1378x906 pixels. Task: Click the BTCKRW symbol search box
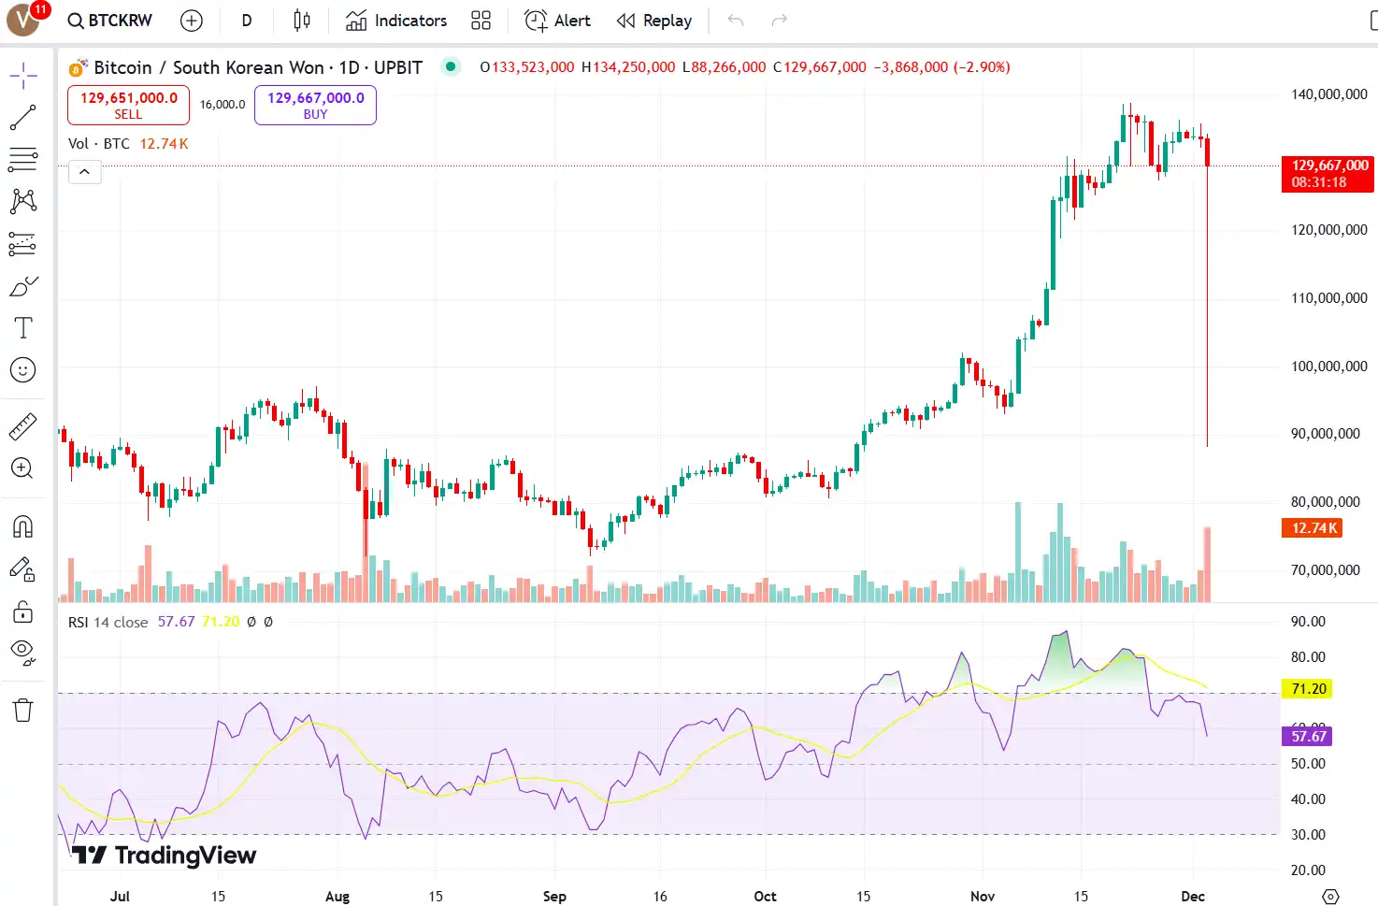[110, 21]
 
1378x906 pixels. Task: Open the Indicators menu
[396, 21]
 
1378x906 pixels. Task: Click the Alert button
[558, 21]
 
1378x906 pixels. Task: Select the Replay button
[654, 21]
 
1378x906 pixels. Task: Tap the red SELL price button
[128, 105]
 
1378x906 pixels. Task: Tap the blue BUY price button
[315, 105]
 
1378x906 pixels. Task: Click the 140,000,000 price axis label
[1328, 94]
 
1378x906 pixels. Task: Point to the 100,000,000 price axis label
[1328, 367]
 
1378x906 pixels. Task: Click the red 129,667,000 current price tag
[1328, 173]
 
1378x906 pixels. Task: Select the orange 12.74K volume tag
[1314, 528]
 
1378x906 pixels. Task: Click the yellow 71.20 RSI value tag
[1309, 689]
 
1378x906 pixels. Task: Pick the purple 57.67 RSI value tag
[1309, 737]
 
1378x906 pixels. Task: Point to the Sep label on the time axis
[554, 896]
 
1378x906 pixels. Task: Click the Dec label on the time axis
[1193, 896]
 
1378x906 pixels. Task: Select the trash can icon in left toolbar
[23, 711]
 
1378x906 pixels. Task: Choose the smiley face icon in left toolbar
[23, 370]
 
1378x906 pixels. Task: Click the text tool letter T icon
[23, 327]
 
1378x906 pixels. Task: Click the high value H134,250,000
[628, 67]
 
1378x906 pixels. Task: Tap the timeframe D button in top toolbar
[247, 21]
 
